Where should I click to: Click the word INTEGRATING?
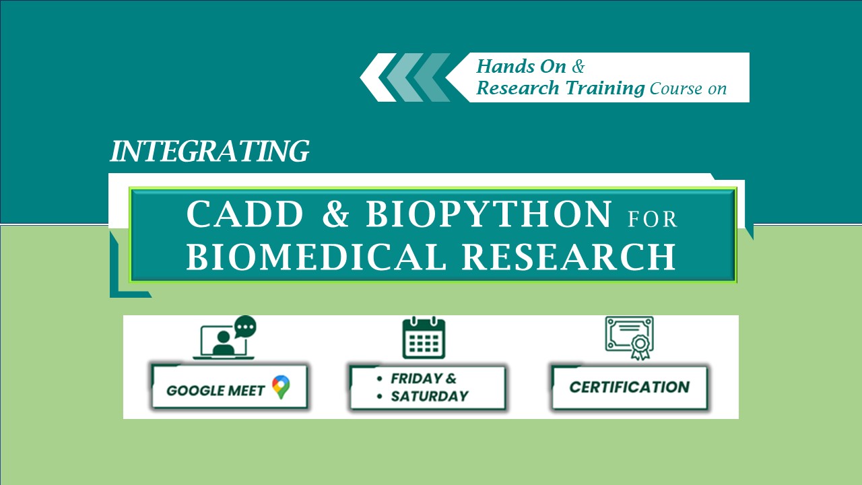pyautogui.click(x=209, y=151)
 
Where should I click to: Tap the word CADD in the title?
pyautogui.click(x=245, y=214)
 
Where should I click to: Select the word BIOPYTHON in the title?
pyautogui.click(x=488, y=214)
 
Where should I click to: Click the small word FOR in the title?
pyautogui.click(x=653, y=220)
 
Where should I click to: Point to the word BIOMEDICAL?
pyautogui.click(x=317, y=257)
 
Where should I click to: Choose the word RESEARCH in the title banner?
pyautogui.click(x=569, y=257)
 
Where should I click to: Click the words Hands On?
pyautogui.click(x=521, y=66)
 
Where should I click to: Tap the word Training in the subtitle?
pyautogui.click(x=605, y=88)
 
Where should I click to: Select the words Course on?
pyautogui.click(x=688, y=89)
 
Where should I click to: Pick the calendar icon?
pyautogui.click(x=424, y=337)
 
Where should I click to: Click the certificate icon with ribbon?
pyautogui.click(x=630, y=338)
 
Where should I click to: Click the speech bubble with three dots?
pyautogui.click(x=246, y=327)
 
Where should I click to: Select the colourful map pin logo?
pyautogui.click(x=281, y=387)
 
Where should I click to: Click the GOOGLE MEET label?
pyautogui.click(x=215, y=391)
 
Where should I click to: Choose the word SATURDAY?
pyautogui.click(x=430, y=396)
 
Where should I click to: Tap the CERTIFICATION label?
pyautogui.click(x=630, y=387)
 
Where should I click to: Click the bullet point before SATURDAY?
pyautogui.click(x=380, y=397)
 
